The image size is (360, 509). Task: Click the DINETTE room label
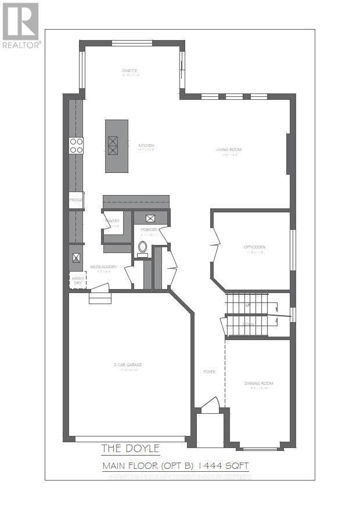130,71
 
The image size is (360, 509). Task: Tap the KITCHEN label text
146,145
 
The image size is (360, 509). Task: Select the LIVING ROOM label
229,149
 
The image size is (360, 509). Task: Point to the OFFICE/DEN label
254,247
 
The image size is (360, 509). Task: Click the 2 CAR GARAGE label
128,364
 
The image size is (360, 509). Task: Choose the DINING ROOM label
258,383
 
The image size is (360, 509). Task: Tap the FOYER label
209,371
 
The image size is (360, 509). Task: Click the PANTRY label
112,221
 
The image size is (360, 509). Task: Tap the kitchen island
116,146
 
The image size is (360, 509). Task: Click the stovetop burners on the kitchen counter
76,145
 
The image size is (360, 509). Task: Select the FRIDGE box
76,200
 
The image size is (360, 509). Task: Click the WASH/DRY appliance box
77,280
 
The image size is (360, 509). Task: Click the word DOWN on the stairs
249,324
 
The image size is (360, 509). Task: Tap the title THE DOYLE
130,448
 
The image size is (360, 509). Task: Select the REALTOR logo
21,25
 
